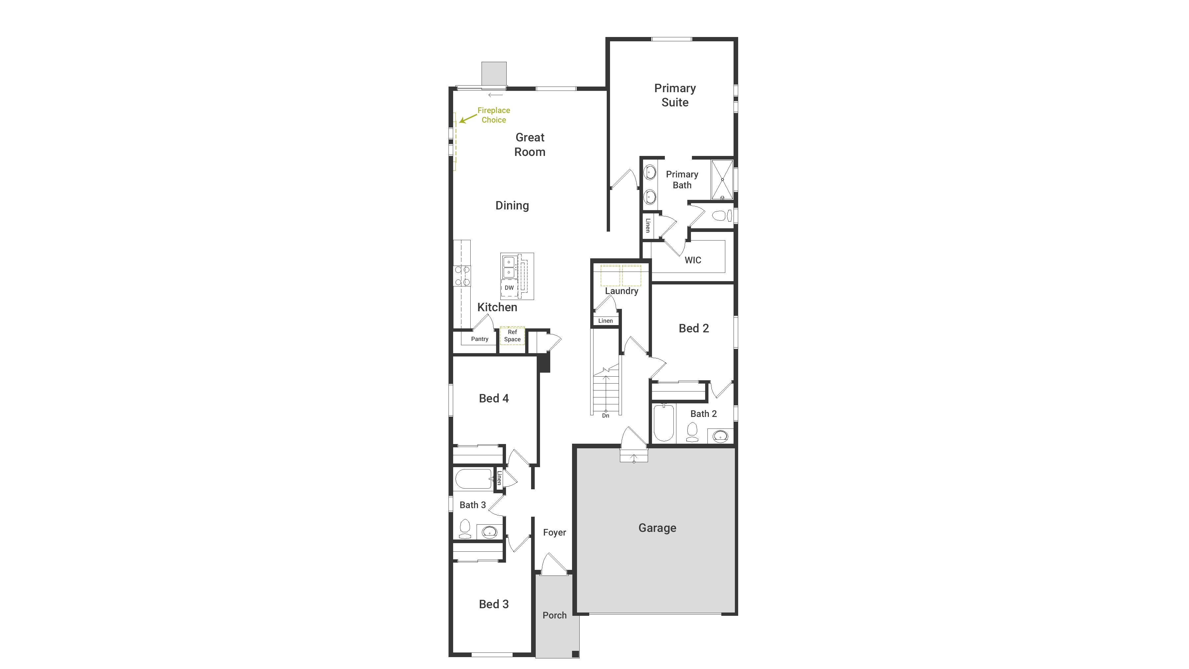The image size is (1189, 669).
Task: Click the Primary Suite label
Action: pyautogui.click(x=675, y=95)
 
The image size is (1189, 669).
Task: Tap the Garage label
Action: pyautogui.click(x=657, y=528)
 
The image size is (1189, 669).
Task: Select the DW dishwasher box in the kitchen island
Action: pyautogui.click(x=509, y=288)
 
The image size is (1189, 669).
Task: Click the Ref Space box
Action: pyautogui.click(x=512, y=336)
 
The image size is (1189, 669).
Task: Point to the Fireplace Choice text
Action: pyautogui.click(x=493, y=115)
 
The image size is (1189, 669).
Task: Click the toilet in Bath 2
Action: pyautogui.click(x=692, y=432)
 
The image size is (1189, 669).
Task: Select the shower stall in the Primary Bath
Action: pyautogui.click(x=722, y=180)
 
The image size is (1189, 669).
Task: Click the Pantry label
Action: pyautogui.click(x=480, y=339)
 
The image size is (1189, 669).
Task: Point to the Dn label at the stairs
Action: pyautogui.click(x=606, y=416)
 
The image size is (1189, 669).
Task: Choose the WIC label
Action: pyautogui.click(x=693, y=260)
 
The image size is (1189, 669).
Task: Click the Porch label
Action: pyautogui.click(x=554, y=615)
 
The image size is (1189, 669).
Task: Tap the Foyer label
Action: pyautogui.click(x=554, y=532)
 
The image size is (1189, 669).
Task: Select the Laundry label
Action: pyautogui.click(x=622, y=291)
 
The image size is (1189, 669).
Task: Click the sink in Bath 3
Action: pyautogui.click(x=489, y=532)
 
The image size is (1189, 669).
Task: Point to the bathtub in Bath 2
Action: pyautogui.click(x=664, y=423)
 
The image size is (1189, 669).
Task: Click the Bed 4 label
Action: pyautogui.click(x=493, y=398)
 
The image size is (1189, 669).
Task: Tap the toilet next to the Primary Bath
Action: pyautogui.click(x=721, y=215)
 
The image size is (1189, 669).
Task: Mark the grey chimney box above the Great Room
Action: pyautogui.click(x=494, y=74)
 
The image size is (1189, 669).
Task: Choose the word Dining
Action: pyautogui.click(x=512, y=205)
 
